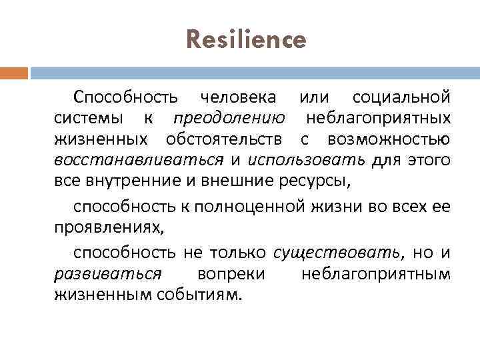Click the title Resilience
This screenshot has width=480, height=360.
(247, 41)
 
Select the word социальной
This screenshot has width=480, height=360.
(401, 97)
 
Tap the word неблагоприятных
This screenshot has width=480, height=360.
(378, 119)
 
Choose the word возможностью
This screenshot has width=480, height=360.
(389, 140)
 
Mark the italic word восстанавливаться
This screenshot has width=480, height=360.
(139, 161)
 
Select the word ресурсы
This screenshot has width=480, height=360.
(321, 182)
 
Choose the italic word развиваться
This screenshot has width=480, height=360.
(107, 273)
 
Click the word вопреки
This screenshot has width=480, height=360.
(231, 273)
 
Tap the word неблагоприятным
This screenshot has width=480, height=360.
(375, 273)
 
